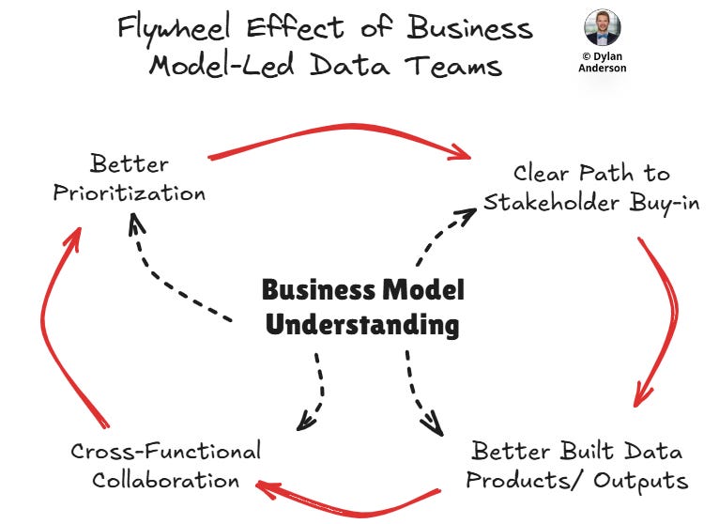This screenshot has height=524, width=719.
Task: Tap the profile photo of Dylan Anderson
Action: [x=602, y=28]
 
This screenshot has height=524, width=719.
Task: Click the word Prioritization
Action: [x=129, y=194]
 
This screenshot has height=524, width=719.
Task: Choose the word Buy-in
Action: [x=661, y=203]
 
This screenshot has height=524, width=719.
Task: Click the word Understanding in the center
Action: [x=362, y=326]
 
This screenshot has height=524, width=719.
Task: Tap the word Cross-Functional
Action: [x=165, y=452]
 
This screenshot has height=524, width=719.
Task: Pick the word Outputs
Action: [x=639, y=482]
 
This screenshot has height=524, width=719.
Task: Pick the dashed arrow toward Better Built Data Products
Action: [x=421, y=394]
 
